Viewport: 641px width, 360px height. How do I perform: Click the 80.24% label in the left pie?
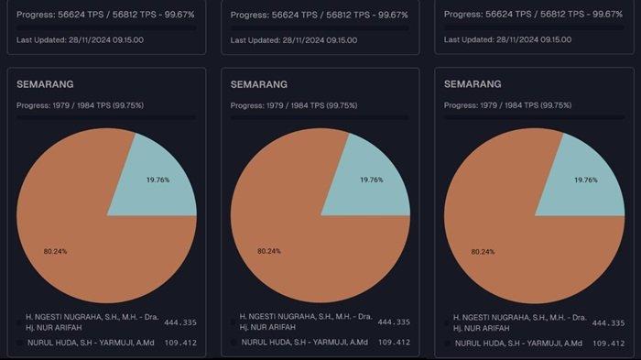coord(54,250)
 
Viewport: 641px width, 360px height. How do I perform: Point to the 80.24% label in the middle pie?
coord(268,250)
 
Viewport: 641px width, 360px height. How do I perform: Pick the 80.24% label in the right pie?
coord(483,250)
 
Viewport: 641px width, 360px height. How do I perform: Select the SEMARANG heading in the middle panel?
coord(261,84)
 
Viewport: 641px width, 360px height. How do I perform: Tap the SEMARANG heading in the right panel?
coord(474,84)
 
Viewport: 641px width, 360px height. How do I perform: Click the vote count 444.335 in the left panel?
coord(180,322)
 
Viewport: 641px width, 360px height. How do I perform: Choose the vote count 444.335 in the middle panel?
coord(395,322)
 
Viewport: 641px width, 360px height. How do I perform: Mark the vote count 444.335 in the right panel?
coord(608,322)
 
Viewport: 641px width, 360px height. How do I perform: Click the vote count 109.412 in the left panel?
coord(180,343)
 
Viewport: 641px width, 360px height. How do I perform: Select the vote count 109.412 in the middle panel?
coord(395,343)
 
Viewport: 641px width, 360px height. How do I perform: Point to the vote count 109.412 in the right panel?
coord(608,343)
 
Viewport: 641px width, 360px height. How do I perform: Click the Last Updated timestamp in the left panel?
coord(80,40)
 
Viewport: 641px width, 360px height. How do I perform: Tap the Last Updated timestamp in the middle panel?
coord(294,40)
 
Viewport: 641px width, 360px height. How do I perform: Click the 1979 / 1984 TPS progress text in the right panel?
coord(507,105)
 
